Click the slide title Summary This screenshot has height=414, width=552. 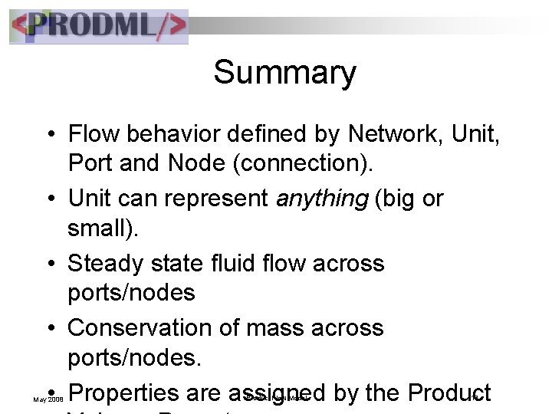coord(284,74)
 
